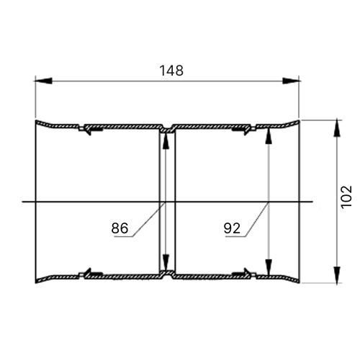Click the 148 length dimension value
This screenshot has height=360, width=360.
click(171, 71)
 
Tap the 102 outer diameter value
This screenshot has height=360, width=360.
click(346, 197)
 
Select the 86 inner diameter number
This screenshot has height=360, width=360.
click(120, 228)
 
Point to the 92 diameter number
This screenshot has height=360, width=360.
click(232, 228)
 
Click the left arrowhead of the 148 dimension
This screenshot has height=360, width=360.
click(43, 81)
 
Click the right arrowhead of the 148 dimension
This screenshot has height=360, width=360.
click(292, 81)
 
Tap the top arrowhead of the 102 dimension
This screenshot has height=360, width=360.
click(338, 128)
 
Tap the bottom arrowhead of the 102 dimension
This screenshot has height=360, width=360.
click(338, 274)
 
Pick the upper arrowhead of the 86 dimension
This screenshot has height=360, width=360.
click(166, 140)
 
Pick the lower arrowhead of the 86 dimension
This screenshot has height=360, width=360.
click(166, 264)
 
